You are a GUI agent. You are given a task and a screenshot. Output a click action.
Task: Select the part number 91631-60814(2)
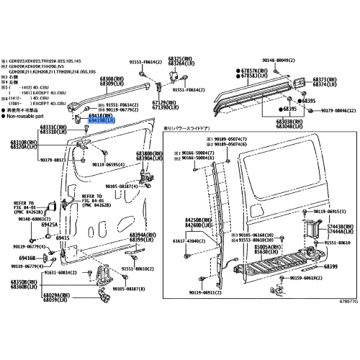click(x=56, y=274)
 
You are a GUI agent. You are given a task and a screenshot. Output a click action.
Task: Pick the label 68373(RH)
click(x=323, y=79)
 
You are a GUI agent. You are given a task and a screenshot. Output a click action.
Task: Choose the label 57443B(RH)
click(x=338, y=227)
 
